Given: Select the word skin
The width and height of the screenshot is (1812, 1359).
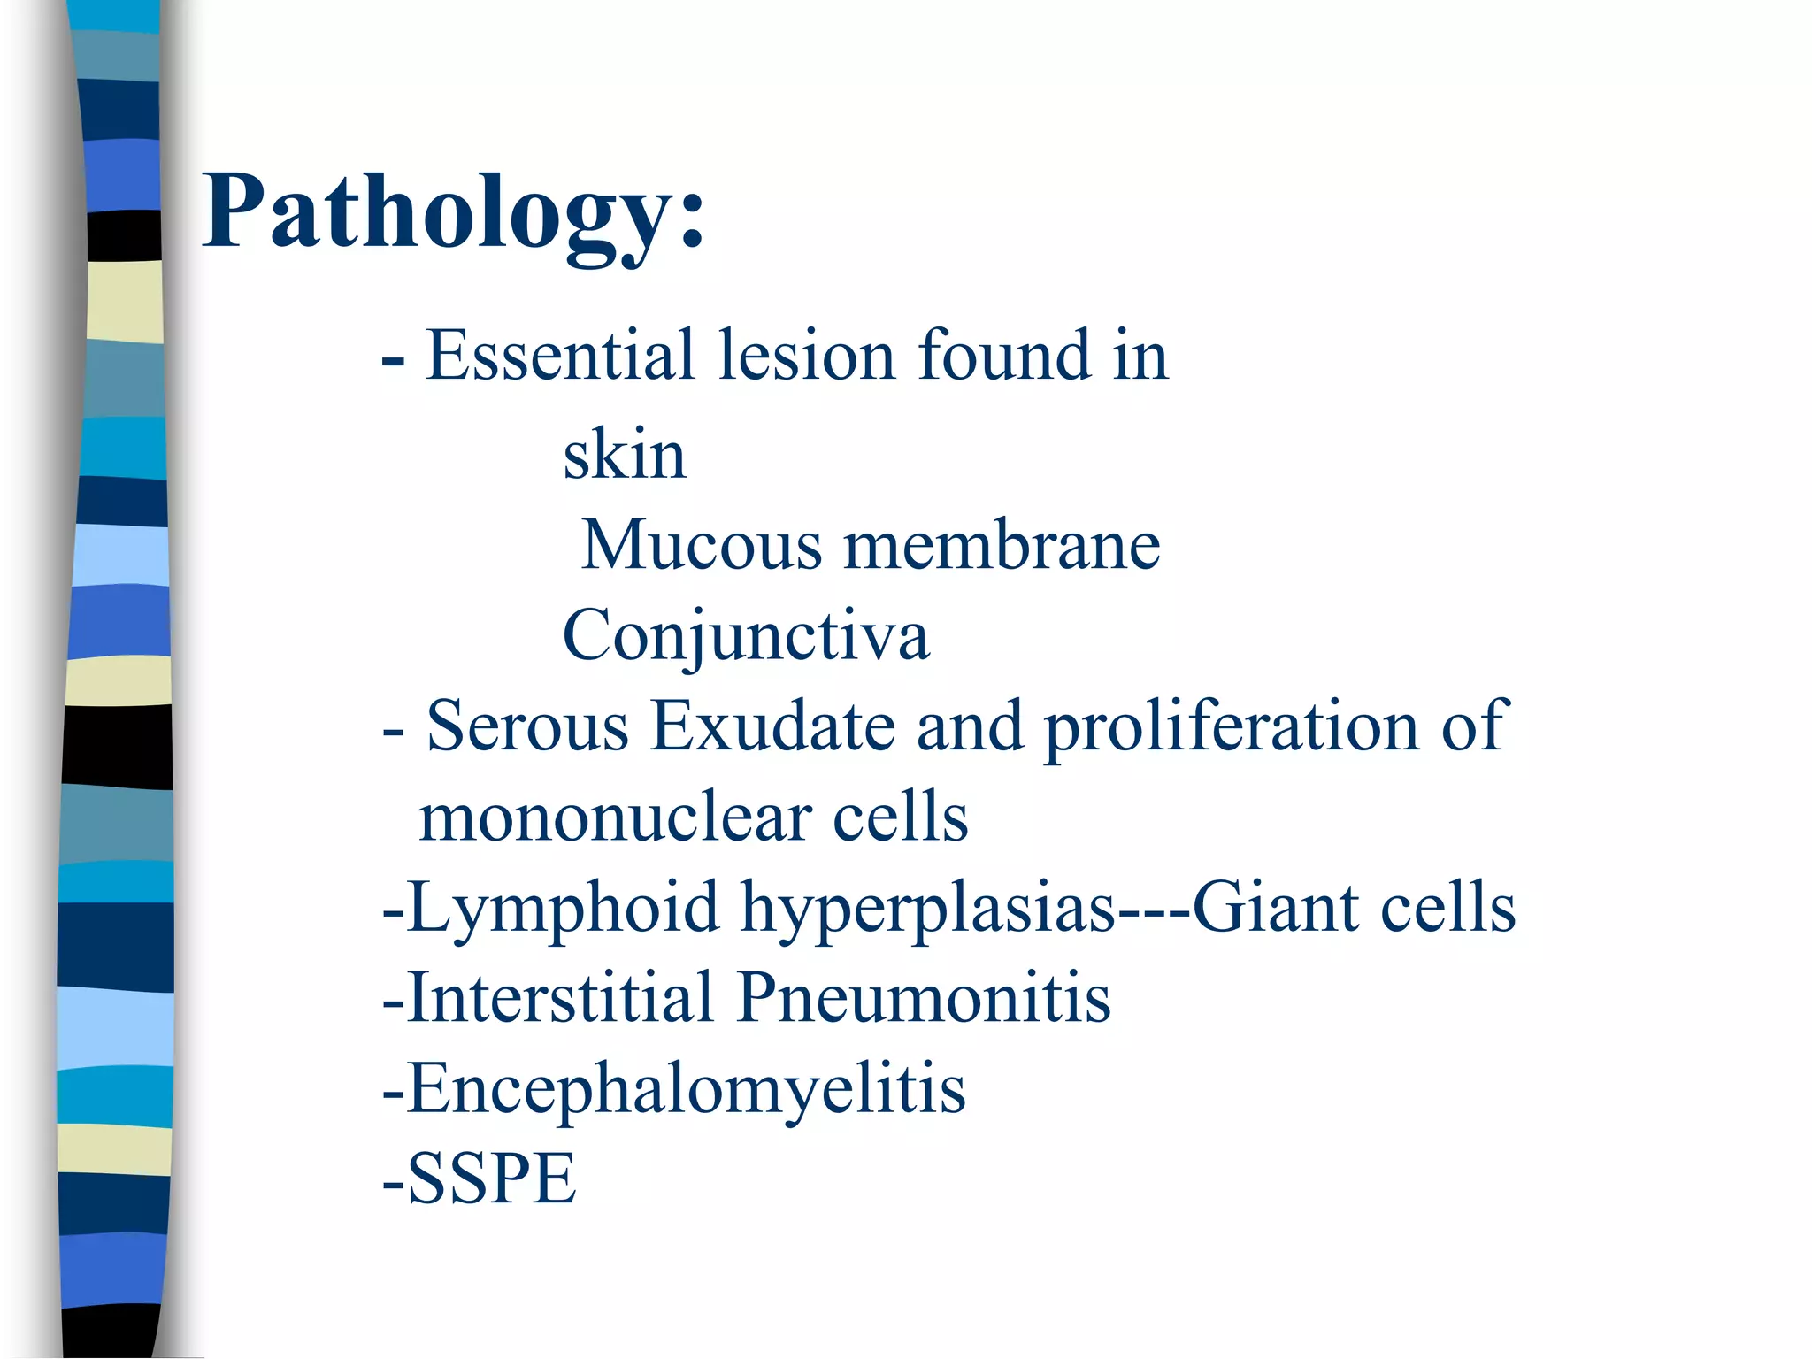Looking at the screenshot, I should (625, 455).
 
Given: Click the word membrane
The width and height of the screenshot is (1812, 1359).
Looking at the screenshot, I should (1002, 545).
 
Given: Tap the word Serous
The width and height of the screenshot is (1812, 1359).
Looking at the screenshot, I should (527, 726).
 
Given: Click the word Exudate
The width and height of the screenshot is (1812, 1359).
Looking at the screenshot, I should (773, 726).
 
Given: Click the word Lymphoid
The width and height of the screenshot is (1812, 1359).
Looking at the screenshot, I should (564, 909).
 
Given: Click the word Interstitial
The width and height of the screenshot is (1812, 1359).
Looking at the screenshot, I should (560, 998).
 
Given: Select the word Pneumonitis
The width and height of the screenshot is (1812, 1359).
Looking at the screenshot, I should (924, 998).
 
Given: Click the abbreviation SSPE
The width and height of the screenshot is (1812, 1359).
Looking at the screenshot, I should (491, 1179).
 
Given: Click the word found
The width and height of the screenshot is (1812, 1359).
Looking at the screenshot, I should (1004, 356).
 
